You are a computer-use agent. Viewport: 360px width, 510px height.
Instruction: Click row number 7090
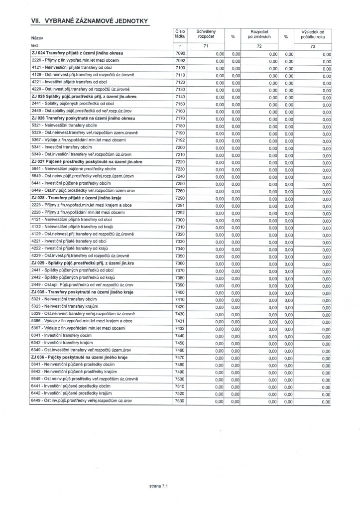(x=180, y=52)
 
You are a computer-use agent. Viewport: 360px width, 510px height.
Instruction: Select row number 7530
(x=180, y=400)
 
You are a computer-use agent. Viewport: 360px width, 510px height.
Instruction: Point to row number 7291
(x=180, y=205)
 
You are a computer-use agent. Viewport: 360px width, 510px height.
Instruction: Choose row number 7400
(x=180, y=292)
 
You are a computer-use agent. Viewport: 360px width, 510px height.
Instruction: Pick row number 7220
(x=180, y=162)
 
